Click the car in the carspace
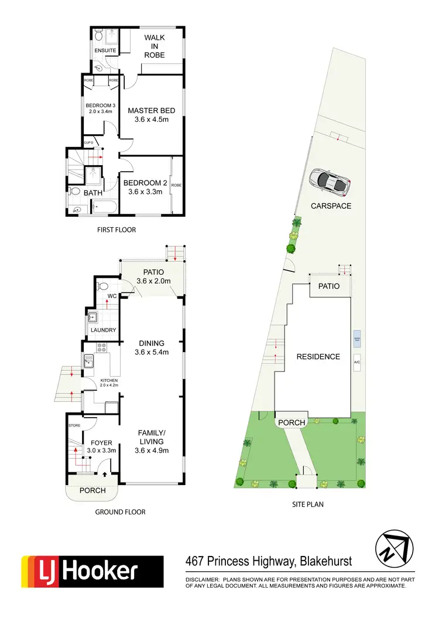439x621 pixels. [x=331, y=182]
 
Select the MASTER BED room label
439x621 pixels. [x=152, y=111]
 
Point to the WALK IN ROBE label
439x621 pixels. [x=155, y=46]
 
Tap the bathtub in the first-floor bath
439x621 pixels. [x=104, y=206]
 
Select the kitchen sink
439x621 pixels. [x=89, y=361]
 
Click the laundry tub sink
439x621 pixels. [x=92, y=318]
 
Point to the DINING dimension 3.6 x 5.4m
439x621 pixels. [x=152, y=352]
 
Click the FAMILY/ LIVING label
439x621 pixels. [x=152, y=436]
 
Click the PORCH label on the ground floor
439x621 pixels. [x=92, y=490]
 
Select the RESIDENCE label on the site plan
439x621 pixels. [x=318, y=356]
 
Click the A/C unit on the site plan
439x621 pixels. [x=356, y=362]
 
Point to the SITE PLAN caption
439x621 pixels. [x=307, y=504]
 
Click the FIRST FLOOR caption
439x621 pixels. [x=116, y=230]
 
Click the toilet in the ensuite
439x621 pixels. [x=100, y=38]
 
